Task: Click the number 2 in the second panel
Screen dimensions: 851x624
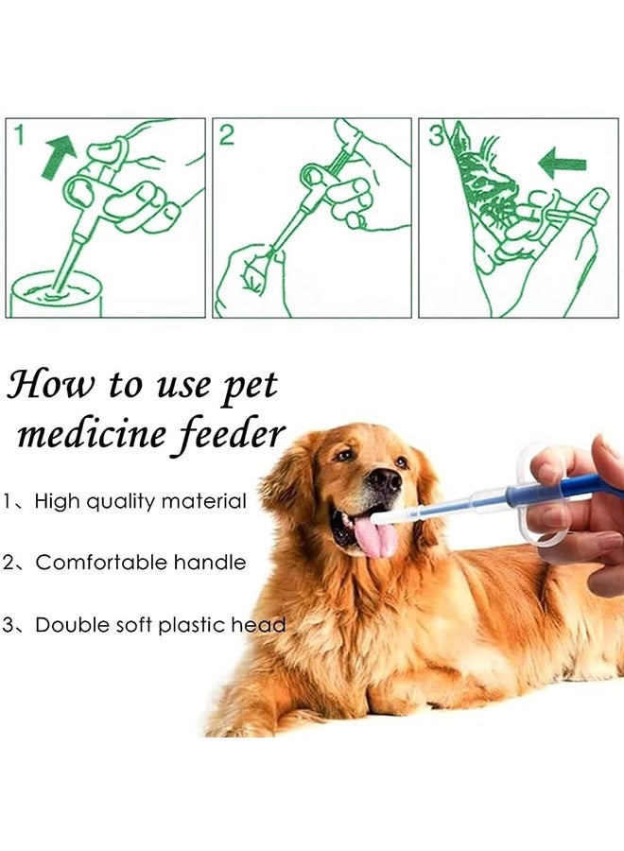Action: click(226, 135)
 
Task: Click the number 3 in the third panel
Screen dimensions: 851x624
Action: click(436, 135)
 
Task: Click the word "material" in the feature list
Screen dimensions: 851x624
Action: click(204, 501)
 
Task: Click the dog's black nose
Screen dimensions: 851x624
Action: click(384, 480)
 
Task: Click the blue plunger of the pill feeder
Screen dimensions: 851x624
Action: click(567, 489)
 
